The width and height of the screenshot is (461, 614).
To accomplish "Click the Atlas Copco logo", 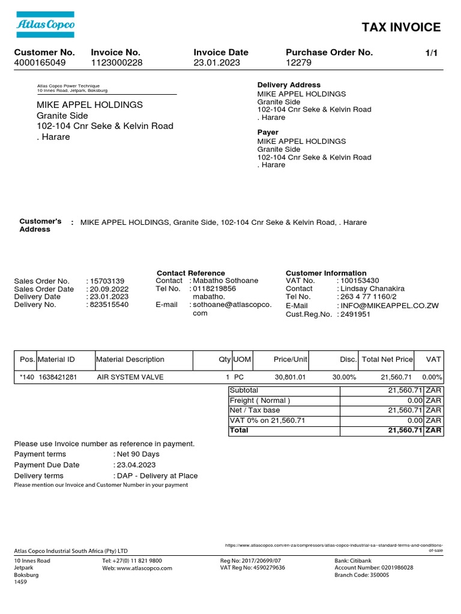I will pyautogui.click(x=44, y=25).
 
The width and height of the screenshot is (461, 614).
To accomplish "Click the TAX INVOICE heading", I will pyautogui.click(x=401, y=27).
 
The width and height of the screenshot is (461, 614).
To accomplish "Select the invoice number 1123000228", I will pyautogui.click(x=117, y=62).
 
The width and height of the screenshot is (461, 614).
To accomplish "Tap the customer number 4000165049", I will pyautogui.click(x=40, y=62).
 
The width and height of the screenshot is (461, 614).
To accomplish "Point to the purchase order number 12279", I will pyautogui.click(x=299, y=62).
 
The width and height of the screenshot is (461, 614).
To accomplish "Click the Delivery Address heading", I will pyautogui.click(x=289, y=85).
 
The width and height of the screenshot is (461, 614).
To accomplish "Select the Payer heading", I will pyautogui.click(x=268, y=133).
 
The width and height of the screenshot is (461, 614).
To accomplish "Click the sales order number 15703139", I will pyautogui.click(x=107, y=281).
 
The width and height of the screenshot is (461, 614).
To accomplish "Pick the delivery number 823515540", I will pyautogui.click(x=109, y=305).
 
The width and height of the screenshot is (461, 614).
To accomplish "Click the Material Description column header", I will pyautogui.click(x=130, y=360).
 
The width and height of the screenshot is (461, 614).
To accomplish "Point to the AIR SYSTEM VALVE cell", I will pyautogui.click(x=130, y=378).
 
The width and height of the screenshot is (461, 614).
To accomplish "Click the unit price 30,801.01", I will pyautogui.click(x=290, y=378).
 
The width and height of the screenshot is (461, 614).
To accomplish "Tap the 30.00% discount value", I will pyautogui.click(x=344, y=378).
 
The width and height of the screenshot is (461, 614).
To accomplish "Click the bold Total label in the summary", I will pyautogui.click(x=239, y=431).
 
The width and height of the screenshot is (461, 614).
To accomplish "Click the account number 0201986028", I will pyautogui.click(x=390, y=567).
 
